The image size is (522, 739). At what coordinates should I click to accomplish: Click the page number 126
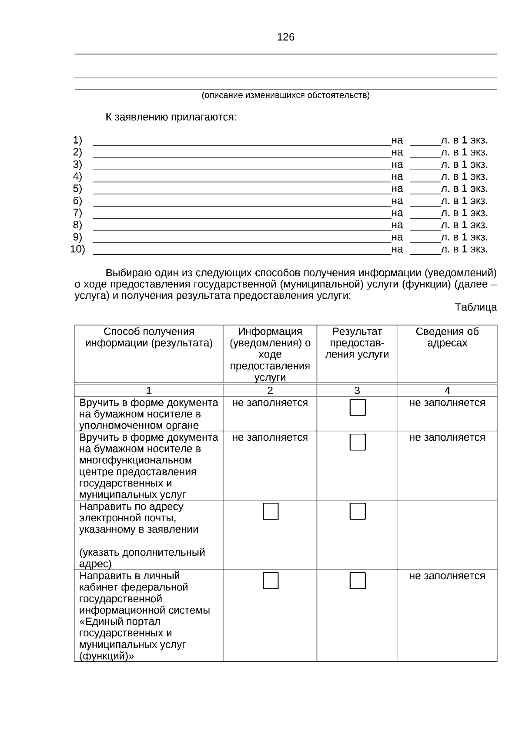coord(285,37)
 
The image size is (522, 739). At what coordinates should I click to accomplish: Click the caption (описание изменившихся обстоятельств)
coord(285,95)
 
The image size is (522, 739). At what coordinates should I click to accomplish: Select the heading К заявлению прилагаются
coord(171,117)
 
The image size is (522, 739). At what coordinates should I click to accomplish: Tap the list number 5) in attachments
coord(77,189)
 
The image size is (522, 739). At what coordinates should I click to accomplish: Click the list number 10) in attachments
coord(77,249)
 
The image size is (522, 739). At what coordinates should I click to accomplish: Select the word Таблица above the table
coord(475,307)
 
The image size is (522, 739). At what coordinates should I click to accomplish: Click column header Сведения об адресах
coord(447,337)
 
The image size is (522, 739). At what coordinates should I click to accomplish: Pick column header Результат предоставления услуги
coord(357,343)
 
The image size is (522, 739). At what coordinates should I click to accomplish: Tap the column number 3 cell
coord(357,390)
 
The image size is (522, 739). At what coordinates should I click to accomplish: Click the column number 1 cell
coord(149,390)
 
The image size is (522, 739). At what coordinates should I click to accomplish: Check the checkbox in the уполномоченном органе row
coord(357,408)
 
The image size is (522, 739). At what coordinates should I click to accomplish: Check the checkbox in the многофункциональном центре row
coord(357,442)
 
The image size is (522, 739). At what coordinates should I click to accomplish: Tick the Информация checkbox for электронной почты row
coord(270,511)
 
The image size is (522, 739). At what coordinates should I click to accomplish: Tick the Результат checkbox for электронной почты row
coord(357,511)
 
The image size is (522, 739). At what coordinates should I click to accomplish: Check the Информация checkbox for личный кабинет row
coord(270,580)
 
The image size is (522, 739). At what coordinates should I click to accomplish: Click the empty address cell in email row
coord(447,534)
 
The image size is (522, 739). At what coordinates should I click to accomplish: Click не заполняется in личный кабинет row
coord(447,576)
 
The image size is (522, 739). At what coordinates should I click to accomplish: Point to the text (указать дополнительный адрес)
coord(142,558)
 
